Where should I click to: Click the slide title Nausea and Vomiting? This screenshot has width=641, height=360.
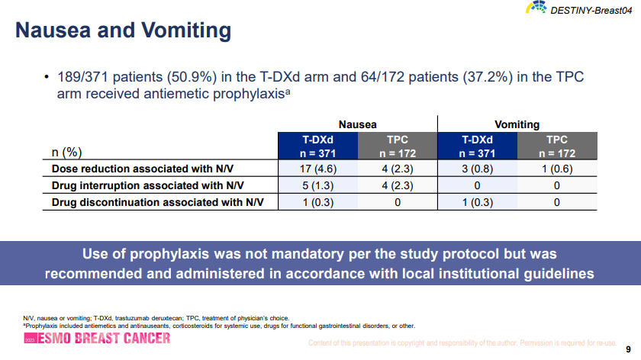pos(124,31)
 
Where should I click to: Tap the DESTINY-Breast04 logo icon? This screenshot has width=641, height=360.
pos(536,8)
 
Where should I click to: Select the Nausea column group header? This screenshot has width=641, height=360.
pos(357,124)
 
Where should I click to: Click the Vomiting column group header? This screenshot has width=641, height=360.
pos(517,124)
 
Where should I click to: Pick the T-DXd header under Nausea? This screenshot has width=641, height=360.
pos(317,146)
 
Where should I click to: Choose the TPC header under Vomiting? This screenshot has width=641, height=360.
pos(556,146)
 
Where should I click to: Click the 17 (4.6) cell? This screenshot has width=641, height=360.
pos(317,169)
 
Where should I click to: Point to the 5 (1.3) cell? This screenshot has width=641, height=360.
pos(317,185)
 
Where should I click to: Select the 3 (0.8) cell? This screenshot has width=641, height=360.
pos(477,169)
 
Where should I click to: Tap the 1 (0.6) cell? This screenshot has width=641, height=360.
pos(556,169)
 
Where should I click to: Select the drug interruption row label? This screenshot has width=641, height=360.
pos(147,185)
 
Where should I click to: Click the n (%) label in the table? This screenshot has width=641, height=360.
pos(66,152)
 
